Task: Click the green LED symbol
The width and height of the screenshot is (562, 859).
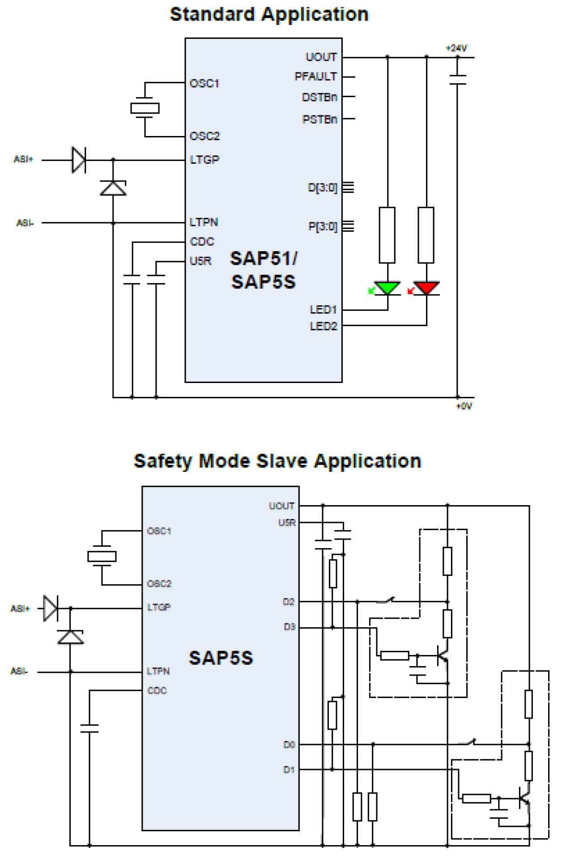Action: coord(387,288)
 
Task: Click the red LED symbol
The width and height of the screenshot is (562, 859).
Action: coord(426,288)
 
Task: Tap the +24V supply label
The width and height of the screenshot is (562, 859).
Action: coord(456,48)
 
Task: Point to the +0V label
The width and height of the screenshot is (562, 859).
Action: coord(464,406)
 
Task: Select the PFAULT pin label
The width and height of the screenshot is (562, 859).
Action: coord(315,77)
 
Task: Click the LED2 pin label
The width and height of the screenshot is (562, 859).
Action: coord(323,326)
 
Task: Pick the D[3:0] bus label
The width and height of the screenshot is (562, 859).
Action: coord(323,187)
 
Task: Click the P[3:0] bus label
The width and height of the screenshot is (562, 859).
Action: coord(323,226)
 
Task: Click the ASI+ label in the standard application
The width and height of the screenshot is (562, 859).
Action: coord(23,159)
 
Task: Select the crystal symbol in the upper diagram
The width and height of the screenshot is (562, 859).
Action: coord(145,108)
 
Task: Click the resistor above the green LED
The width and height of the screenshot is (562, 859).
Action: coord(387,235)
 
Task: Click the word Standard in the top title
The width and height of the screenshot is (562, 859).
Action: coord(213,14)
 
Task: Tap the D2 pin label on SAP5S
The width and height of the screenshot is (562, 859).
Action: coord(289,602)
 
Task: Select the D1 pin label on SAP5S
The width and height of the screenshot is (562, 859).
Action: coord(289,770)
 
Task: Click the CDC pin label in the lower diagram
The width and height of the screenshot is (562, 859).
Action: coord(157,690)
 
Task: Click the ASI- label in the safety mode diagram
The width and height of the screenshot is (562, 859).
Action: coord(19,671)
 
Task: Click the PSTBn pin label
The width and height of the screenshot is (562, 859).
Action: coord(319,119)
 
